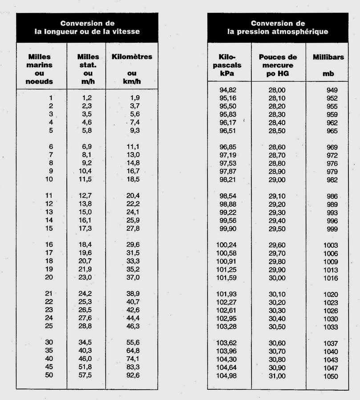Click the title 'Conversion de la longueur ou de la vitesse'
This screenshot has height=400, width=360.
tap(87, 27)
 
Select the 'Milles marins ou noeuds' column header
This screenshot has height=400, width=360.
tap(40, 69)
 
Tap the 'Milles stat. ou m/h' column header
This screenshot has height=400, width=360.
tap(88, 69)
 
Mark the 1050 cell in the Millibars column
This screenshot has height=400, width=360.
tap(331, 376)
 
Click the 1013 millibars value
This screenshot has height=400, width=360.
tap(331, 270)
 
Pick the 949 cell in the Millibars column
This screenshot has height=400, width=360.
tap(332, 90)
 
